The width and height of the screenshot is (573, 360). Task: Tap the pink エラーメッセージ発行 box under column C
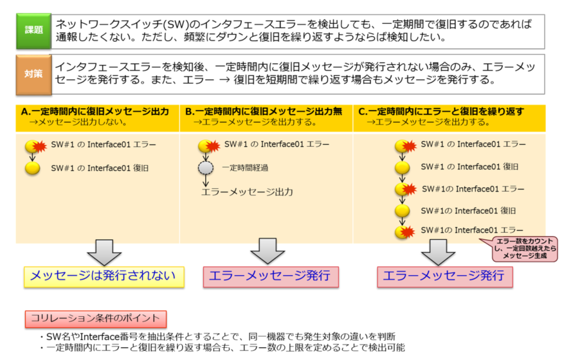click(444, 276)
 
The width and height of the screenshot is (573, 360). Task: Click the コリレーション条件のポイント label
click(96, 318)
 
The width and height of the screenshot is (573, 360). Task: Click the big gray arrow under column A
click(104, 251)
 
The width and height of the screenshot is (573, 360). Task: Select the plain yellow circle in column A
click(32, 169)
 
